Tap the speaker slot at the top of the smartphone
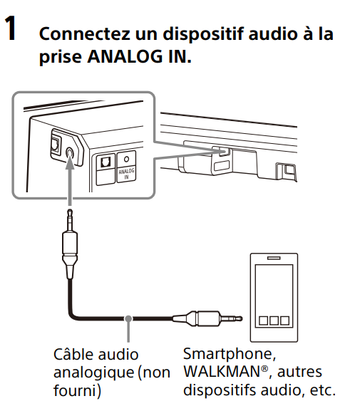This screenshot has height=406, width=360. (x=274, y=259)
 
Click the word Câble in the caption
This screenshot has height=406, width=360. (x=74, y=354)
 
